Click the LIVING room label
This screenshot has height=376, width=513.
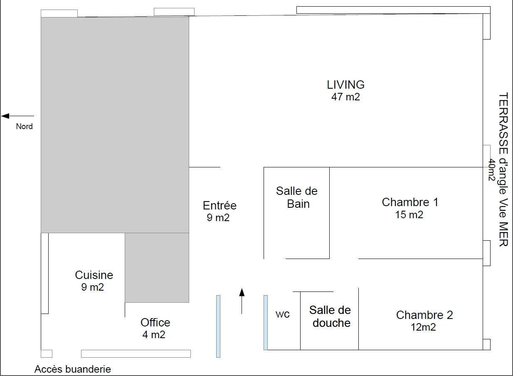point(345,85)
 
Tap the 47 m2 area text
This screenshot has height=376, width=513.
point(345,97)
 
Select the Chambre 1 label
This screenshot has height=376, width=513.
point(410,202)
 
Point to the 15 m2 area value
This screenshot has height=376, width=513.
point(409,215)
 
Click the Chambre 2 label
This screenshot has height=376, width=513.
point(424,315)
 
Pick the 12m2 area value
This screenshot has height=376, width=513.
point(423,327)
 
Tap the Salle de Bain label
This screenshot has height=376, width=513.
point(297,197)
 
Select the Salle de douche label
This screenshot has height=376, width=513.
point(330,316)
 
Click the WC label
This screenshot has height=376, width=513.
point(283,314)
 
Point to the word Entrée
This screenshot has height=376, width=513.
point(220,205)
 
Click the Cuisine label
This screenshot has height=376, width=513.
point(94,275)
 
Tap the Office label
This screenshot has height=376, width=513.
point(155,323)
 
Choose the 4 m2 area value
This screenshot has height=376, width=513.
point(154,335)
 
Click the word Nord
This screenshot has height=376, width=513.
point(24,126)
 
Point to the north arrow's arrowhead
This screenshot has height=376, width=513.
point(5,116)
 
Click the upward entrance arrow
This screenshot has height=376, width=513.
point(242,301)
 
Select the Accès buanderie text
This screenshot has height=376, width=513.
point(73,369)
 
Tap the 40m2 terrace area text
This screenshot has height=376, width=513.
point(492,170)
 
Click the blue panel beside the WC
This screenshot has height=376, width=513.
point(266,323)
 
